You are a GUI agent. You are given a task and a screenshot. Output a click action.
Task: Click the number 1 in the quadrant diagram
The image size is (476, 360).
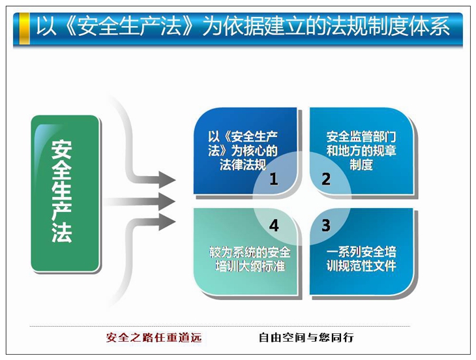click(x=274, y=179)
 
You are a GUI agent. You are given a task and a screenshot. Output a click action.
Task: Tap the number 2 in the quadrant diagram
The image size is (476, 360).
click(x=326, y=179)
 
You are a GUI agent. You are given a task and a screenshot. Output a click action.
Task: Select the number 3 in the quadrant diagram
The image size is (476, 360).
click(x=326, y=225)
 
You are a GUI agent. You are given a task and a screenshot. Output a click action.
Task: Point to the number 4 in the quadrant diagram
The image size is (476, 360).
click(x=274, y=226)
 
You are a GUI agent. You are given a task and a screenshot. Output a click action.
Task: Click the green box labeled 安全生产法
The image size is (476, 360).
click(x=65, y=193)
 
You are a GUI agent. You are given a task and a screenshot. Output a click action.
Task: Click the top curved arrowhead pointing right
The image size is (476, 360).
click(x=167, y=180)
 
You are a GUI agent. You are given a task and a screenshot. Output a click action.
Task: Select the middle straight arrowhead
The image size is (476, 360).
click(x=167, y=202)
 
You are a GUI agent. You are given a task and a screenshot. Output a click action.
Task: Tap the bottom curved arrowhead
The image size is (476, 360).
click(x=167, y=222)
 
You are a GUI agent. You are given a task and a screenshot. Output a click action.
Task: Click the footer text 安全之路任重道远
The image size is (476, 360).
click(x=154, y=337)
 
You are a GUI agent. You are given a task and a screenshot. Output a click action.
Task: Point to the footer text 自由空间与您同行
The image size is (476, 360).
click(x=306, y=337)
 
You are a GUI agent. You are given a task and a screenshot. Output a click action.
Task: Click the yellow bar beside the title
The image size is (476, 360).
click(x=24, y=29)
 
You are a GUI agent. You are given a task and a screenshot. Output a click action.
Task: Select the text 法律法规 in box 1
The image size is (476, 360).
click(x=243, y=164)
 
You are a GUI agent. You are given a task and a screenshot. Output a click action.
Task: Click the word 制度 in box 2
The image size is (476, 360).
click(x=361, y=164)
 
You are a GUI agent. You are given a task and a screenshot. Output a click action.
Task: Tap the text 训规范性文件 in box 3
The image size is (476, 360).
click(x=361, y=265)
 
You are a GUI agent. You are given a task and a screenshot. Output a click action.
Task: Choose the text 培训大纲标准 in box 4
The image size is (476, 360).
click(x=250, y=266)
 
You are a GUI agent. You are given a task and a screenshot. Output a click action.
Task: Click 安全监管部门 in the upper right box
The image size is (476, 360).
click(x=361, y=136)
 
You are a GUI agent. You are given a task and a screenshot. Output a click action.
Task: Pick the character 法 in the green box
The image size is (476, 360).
click(x=62, y=233)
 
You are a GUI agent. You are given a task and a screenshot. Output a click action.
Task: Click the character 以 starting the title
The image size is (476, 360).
click(x=46, y=26)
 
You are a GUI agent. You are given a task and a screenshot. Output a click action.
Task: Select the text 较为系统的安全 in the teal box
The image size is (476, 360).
click(x=250, y=252)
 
